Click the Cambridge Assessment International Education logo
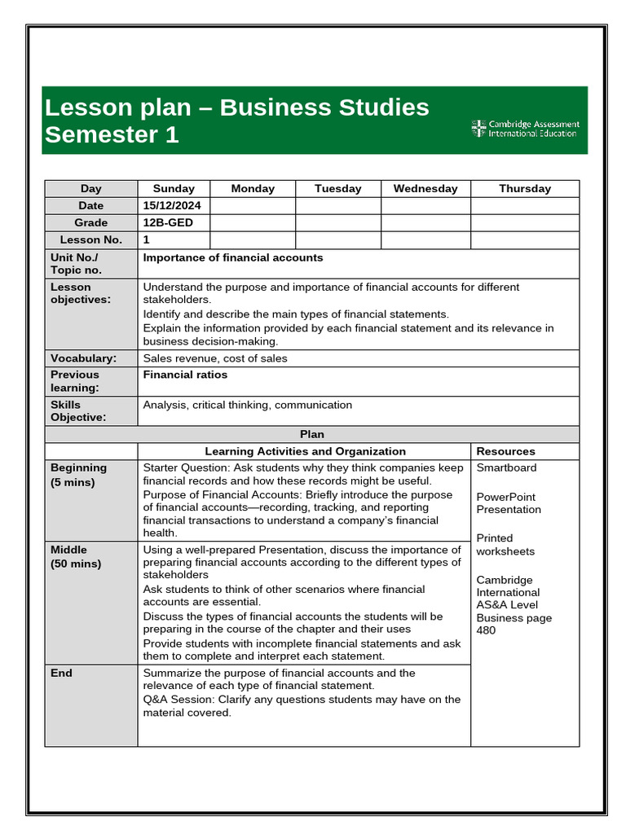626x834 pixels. (x=524, y=129)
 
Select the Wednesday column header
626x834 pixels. (x=425, y=188)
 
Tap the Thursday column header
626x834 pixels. (x=524, y=188)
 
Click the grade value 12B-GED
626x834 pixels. (x=168, y=222)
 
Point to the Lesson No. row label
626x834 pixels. (x=90, y=239)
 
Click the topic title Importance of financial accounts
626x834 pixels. (x=233, y=257)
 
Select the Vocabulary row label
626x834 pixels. (x=83, y=358)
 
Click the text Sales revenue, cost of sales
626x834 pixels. (x=215, y=358)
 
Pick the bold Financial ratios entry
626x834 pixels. (x=185, y=375)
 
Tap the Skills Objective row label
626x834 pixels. (x=78, y=410)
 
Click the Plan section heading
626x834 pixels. (x=311, y=434)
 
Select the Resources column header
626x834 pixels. (x=505, y=451)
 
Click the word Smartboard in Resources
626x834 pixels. (x=506, y=467)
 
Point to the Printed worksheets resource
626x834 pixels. (x=505, y=545)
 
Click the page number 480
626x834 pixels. (x=486, y=630)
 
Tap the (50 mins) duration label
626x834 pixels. (x=76, y=564)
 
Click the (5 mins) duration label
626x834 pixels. (x=73, y=482)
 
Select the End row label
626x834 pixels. (x=61, y=673)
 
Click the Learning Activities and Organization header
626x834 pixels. (x=305, y=451)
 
